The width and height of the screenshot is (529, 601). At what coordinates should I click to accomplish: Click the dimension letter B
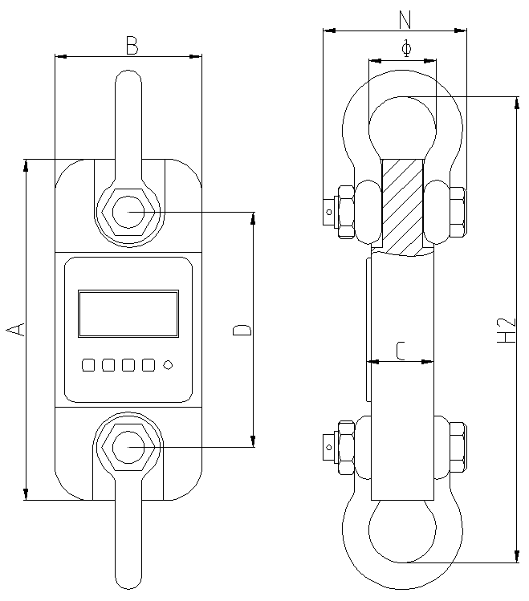pyautogui.click(x=132, y=46)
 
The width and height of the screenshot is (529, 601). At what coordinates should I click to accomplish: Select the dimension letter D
pyautogui.click(x=241, y=329)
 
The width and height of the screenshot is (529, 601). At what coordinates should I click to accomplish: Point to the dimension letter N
pyautogui.click(x=405, y=18)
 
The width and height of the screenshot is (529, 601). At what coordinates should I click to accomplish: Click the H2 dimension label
pyautogui.click(x=506, y=329)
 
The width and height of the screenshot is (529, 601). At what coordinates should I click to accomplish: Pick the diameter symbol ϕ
pyautogui.click(x=405, y=49)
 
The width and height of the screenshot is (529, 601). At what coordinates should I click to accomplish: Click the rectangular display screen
pyautogui.click(x=128, y=314)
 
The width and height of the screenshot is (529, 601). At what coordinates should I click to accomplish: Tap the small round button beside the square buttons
pyautogui.click(x=168, y=365)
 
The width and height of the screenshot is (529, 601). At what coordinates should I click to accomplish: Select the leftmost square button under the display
pyautogui.click(x=88, y=365)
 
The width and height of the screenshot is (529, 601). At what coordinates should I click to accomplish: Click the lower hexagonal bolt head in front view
pyautogui.click(x=128, y=446)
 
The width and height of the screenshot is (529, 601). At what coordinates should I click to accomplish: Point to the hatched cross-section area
pyautogui.click(x=402, y=205)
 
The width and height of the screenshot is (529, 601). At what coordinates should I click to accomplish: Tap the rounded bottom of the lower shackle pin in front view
pyautogui.click(x=128, y=578)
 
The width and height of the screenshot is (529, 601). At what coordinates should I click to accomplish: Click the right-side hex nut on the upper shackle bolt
pyautogui.click(x=458, y=213)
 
